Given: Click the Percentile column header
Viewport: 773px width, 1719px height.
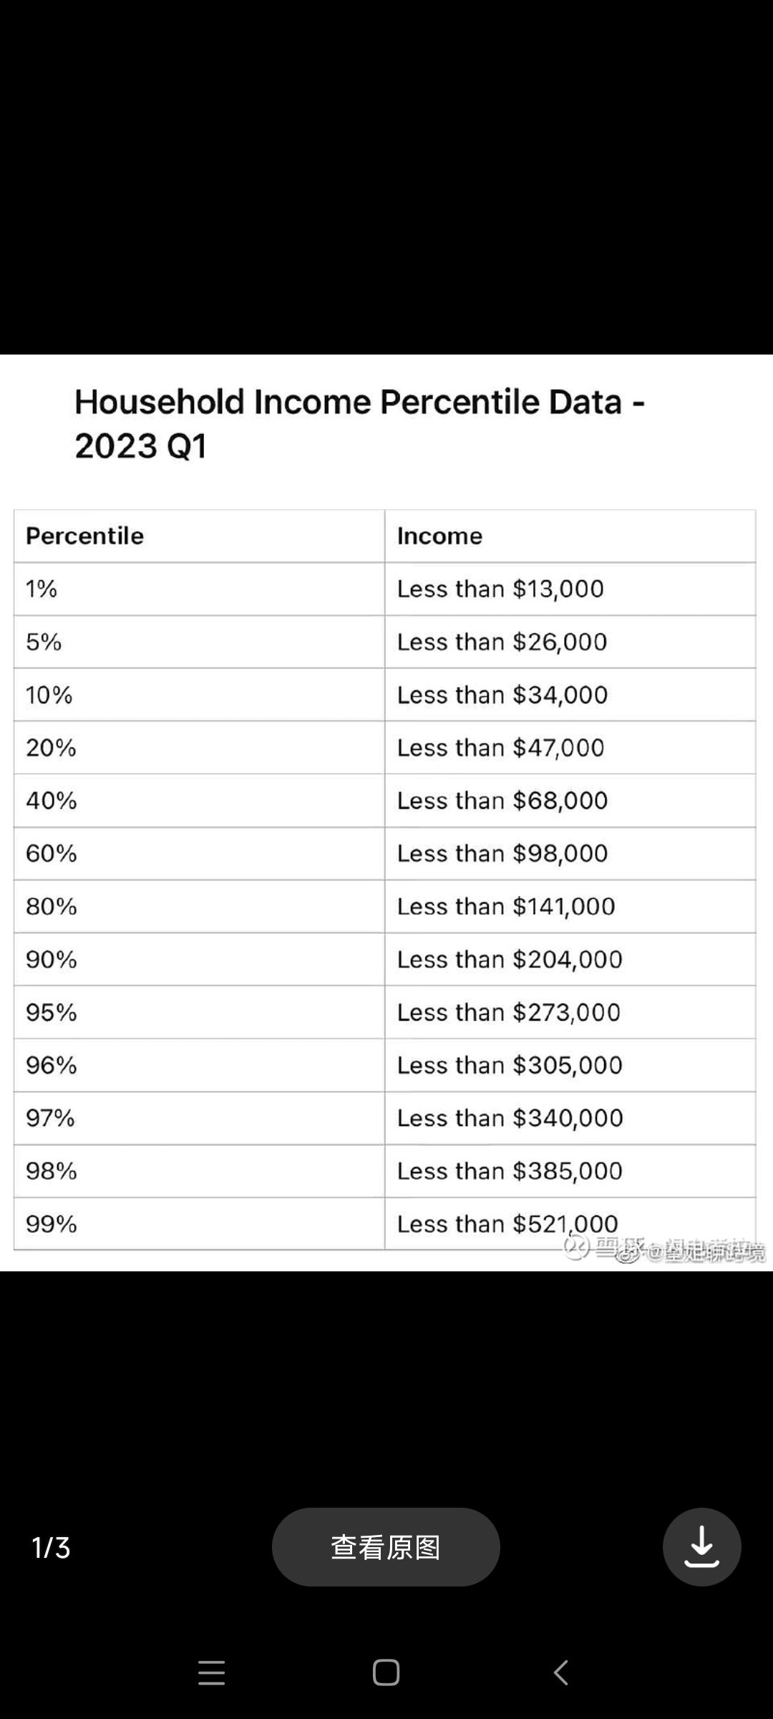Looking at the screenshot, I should tap(84, 536).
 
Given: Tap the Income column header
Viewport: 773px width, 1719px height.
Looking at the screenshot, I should tap(439, 536).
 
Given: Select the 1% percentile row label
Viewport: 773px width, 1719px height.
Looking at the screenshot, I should tap(41, 589).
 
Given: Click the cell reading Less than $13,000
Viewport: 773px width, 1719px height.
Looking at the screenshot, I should tap(500, 589).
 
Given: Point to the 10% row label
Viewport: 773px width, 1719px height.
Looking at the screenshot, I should tap(49, 695).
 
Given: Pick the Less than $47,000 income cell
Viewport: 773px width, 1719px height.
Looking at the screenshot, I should tap(500, 748).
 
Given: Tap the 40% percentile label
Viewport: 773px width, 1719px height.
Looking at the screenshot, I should tap(51, 800).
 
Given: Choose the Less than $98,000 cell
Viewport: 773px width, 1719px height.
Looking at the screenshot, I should tap(502, 853).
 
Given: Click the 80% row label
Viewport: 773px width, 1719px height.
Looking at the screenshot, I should tap(51, 906).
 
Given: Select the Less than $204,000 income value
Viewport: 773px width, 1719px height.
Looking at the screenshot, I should tap(510, 959).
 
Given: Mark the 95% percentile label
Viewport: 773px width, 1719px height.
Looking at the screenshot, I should tap(51, 1012).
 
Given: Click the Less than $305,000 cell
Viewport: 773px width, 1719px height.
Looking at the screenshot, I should tap(510, 1065).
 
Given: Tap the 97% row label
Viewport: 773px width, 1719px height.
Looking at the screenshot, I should tap(50, 1117).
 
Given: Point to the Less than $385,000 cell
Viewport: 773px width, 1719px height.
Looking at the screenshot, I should tap(510, 1170).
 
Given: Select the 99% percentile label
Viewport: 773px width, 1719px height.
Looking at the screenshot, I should tap(51, 1223).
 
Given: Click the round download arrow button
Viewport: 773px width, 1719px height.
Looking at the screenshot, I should tap(701, 1547).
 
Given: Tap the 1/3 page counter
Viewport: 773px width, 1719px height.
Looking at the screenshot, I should tap(51, 1547).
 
